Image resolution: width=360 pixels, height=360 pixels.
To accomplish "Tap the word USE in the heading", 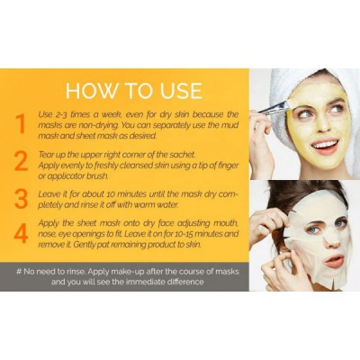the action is (181, 90).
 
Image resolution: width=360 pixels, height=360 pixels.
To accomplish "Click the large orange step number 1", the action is (21, 124).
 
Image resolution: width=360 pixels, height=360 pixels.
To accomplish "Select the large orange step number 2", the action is (21, 161).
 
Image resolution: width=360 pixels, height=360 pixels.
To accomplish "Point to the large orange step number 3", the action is (21, 199).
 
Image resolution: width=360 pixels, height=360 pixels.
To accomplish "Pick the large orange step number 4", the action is (21, 233).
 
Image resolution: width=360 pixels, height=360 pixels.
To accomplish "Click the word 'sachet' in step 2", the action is (183, 155).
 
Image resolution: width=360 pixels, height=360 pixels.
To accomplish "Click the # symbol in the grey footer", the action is (19, 272).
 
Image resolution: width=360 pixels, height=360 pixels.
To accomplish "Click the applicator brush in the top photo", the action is (274, 107).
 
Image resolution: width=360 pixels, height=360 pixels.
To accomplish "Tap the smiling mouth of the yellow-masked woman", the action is (325, 146).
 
